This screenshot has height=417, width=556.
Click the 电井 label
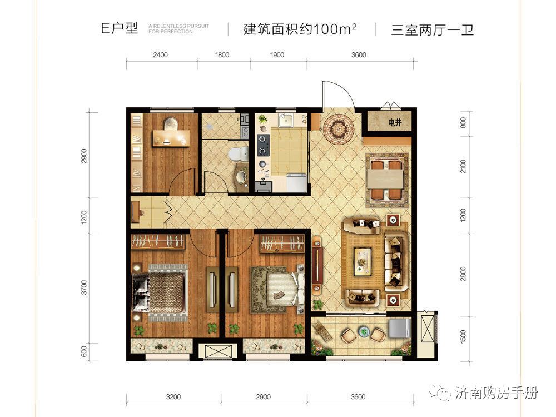[394, 122]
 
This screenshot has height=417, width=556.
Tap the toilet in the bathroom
[237, 153]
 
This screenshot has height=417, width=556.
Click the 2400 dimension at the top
[160, 54]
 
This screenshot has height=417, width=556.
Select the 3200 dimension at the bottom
[173, 397]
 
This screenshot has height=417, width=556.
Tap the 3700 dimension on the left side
[84, 287]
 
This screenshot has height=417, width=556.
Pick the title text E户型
[119, 29]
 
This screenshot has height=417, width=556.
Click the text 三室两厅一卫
[432, 29]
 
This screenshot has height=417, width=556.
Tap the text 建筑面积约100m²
[300, 29]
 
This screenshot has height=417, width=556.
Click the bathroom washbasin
[241, 177]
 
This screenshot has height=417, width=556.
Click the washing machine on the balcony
[399, 328]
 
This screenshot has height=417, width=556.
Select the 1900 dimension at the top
[276, 54]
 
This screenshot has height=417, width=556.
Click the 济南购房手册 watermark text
[497, 394]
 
